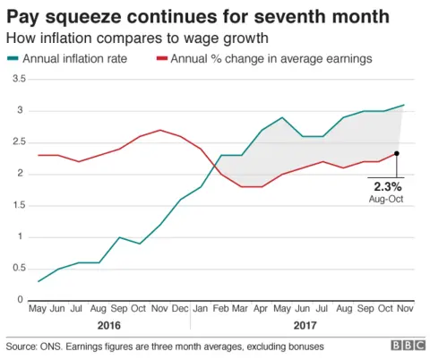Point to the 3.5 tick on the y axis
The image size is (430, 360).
19,80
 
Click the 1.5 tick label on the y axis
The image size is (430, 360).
19,205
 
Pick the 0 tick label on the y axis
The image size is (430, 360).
22,300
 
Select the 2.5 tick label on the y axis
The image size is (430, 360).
19,142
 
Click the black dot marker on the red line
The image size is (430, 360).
396,153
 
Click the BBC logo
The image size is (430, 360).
407,346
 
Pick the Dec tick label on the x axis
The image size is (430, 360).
182,310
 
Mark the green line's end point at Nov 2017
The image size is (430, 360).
404,105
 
